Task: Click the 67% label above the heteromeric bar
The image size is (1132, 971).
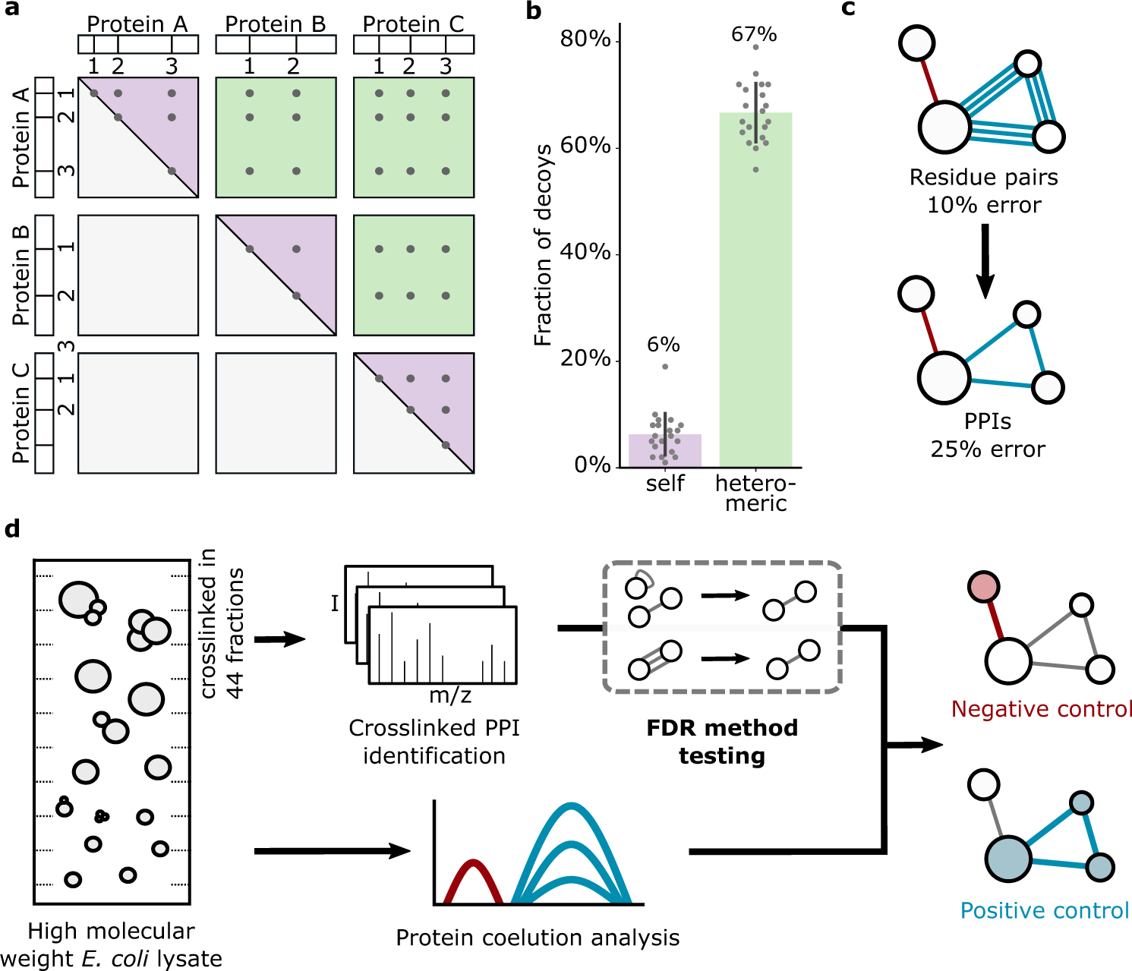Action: (x=753, y=35)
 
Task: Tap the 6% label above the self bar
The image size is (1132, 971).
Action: (x=663, y=345)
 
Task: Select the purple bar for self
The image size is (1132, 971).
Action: (x=664, y=451)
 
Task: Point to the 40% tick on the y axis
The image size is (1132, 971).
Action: (x=585, y=252)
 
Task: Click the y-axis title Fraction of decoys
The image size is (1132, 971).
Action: (x=543, y=244)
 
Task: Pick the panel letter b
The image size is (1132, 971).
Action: (x=534, y=11)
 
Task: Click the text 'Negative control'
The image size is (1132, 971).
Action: (x=1042, y=709)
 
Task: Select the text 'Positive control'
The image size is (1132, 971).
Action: (x=1045, y=910)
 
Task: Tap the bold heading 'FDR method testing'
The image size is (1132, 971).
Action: (x=722, y=742)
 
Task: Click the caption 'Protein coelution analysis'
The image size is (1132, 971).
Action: (x=538, y=938)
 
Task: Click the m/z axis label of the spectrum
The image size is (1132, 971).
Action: (x=450, y=695)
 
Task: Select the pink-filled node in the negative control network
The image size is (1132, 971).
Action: (x=984, y=587)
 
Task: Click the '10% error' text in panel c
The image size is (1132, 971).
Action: (x=984, y=205)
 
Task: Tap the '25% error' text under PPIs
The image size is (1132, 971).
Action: (x=988, y=449)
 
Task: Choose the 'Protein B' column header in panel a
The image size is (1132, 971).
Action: (x=276, y=24)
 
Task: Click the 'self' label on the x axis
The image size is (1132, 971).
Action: (x=665, y=484)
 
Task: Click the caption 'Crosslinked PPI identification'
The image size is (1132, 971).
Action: (x=434, y=742)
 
